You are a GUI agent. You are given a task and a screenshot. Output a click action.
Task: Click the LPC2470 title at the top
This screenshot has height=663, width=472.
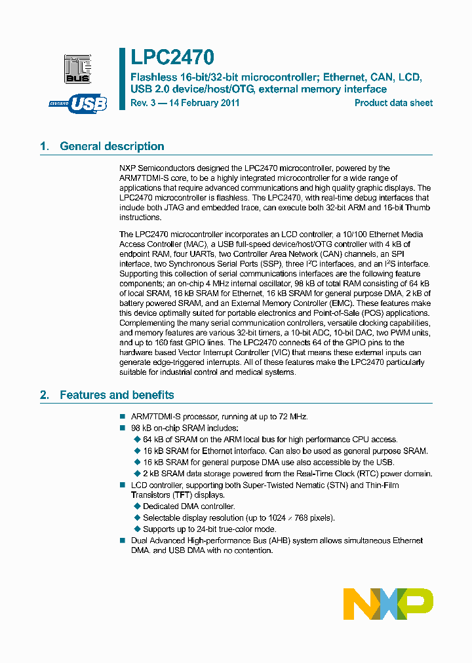pos(172,58)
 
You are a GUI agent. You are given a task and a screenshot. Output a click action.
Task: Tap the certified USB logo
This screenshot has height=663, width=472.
pos(78,104)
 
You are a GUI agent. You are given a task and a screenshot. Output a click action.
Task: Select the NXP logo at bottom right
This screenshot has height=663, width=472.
pos(388,603)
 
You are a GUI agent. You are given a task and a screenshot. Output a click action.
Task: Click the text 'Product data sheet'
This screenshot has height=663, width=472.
pos(393,103)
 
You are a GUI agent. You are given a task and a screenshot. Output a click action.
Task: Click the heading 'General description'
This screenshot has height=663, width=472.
pos(112,146)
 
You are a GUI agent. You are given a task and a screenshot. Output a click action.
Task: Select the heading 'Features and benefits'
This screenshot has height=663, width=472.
pos(117,395)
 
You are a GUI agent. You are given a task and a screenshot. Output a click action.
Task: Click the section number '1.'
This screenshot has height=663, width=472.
pos(44,146)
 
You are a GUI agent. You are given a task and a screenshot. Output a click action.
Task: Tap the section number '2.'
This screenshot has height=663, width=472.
pos(44,395)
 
